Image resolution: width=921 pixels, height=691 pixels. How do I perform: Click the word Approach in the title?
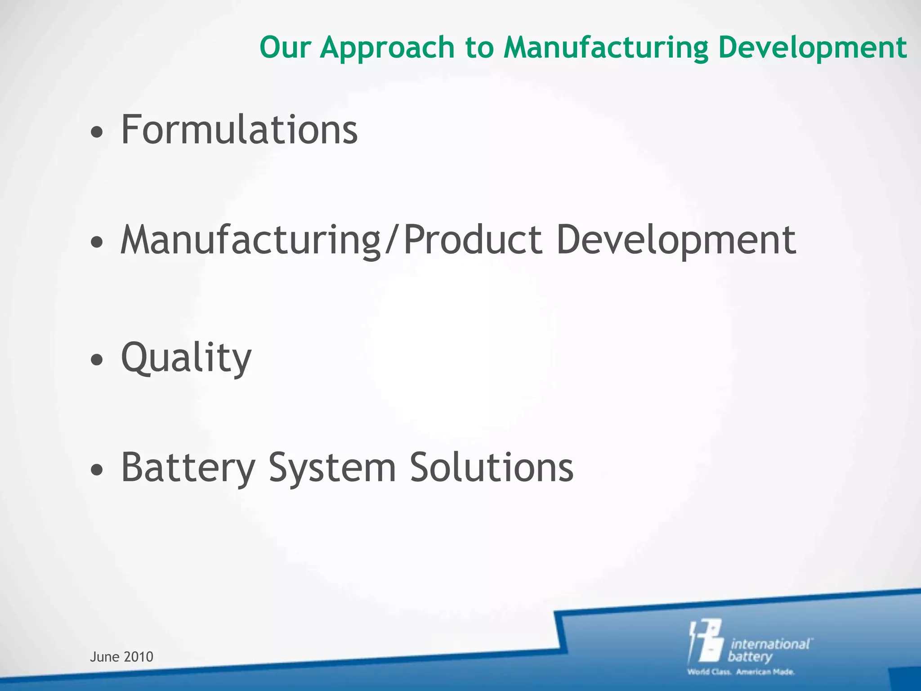[387, 48]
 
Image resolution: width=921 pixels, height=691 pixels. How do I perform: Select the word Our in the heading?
[285, 47]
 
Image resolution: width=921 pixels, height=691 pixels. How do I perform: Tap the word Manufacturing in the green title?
[605, 48]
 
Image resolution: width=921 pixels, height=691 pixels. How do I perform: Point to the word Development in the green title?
[812, 48]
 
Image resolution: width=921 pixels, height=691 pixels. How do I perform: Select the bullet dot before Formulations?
[97, 133]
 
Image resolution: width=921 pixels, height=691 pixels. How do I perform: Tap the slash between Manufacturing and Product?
[391, 241]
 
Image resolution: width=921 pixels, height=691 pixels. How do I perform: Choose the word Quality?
[186, 358]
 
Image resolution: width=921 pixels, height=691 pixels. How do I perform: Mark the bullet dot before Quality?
[97, 359]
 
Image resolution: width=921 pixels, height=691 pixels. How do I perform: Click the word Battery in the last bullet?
[188, 468]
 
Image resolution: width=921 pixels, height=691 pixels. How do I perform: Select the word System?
[332, 468]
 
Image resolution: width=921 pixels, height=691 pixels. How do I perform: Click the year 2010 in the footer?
[139, 657]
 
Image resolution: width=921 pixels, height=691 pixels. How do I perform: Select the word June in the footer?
[104, 657]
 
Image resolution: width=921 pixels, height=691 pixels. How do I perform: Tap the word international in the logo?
[770, 644]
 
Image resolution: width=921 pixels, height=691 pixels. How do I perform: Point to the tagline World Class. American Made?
[741, 672]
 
